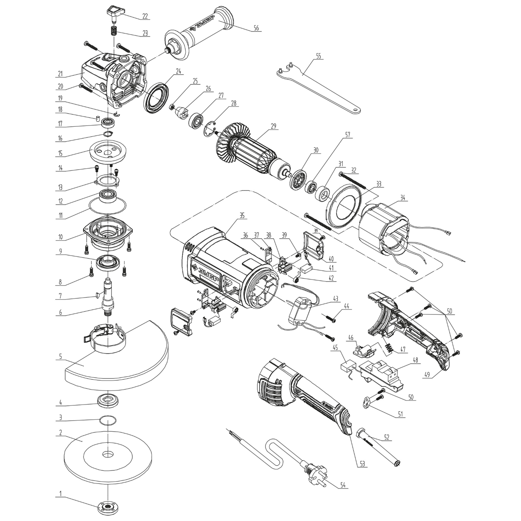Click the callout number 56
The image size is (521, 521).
click(256, 28)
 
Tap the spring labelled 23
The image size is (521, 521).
click(112, 31)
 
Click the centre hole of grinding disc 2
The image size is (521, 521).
click(107, 454)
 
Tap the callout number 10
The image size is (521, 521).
click(60, 237)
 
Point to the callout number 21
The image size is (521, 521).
click(60, 74)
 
